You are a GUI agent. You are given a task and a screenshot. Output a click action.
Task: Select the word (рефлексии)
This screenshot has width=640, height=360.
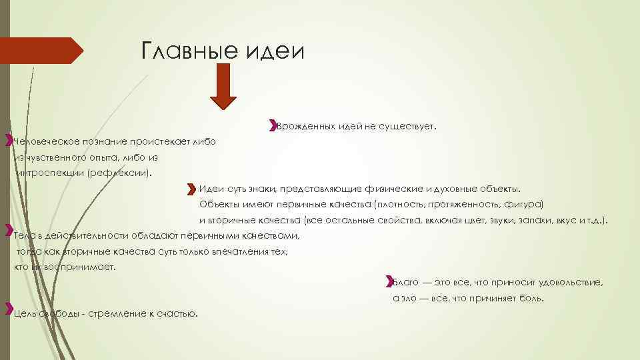point(123,173)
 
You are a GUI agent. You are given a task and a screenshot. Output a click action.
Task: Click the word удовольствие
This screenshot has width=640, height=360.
point(571,283)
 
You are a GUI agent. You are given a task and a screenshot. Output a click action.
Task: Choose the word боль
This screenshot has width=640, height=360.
point(531,298)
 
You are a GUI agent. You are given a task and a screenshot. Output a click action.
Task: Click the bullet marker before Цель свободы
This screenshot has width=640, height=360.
point(9,309)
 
